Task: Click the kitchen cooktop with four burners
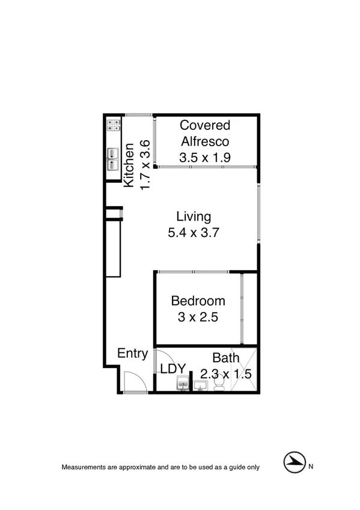(x=113, y=126)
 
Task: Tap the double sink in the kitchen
(x=113, y=160)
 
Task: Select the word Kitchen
(x=129, y=165)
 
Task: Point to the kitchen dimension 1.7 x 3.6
(x=144, y=165)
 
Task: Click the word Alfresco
(x=206, y=141)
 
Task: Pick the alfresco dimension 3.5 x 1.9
(x=206, y=158)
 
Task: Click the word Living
(x=193, y=217)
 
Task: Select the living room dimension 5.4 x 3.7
(x=193, y=232)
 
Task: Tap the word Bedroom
(x=198, y=301)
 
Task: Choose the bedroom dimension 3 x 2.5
(x=198, y=317)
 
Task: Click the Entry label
(x=132, y=354)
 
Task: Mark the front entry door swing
(x=132, y=381)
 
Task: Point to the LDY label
(x=173, y=368)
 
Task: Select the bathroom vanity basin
(x=201, y=384)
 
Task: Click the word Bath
(x=226, y=358)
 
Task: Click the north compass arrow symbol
(x=293, y=463)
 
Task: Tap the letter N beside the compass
(x=311, y=466)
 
